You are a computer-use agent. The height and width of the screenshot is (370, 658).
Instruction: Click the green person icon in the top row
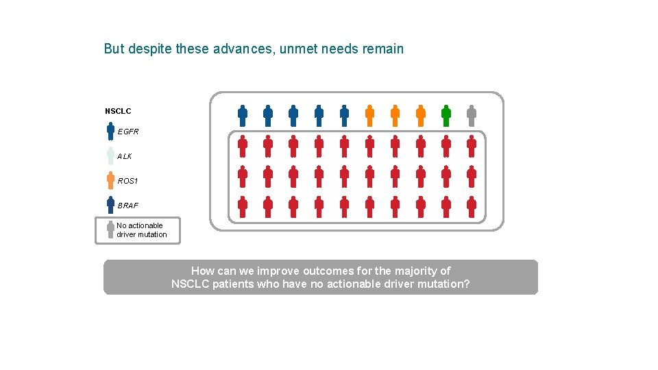pyautogui.click(x=446, y=116)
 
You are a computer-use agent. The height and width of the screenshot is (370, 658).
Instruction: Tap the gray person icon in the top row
pyautogui.click(x=472, y=116)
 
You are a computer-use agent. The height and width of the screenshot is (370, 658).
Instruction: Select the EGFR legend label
pyautogui.click(x=127, y=132)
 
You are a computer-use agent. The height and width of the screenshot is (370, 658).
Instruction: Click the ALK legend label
pyautogui.click(x=124, y=156)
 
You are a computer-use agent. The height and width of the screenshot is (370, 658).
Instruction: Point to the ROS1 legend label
pyautogui.click(x=127, y=181)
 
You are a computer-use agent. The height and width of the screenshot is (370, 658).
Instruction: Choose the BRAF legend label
pyautogui.click(x=127, y=206)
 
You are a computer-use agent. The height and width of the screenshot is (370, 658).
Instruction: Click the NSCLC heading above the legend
pyautogui.click(x=118, y=111)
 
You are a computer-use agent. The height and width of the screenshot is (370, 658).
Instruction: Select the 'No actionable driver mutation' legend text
pyautogui.click(x=141, y=230)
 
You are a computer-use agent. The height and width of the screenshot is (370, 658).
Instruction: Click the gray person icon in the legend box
pyautogui.click(x=110, y=230)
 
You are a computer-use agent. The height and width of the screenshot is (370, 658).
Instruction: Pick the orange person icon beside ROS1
pyautogui.click(x=110, y=180)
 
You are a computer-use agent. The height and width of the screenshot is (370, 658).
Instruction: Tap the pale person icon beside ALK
pyautogui.click(x=110, y=156)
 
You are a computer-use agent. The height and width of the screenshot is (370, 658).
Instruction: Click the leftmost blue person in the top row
pyautogui.click(x=243, y=116)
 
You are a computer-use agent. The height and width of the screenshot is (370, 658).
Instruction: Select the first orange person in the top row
pyautogui.click(x=369, y=116)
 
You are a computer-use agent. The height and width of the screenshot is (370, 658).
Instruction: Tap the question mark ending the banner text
pyautogui.click(x=467, y=284)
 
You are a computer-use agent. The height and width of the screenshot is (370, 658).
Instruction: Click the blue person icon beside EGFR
pyautogui.click(x=110, y=131)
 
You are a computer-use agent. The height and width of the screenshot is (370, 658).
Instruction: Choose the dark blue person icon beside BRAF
pyautogui.click(x=110, y=205)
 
